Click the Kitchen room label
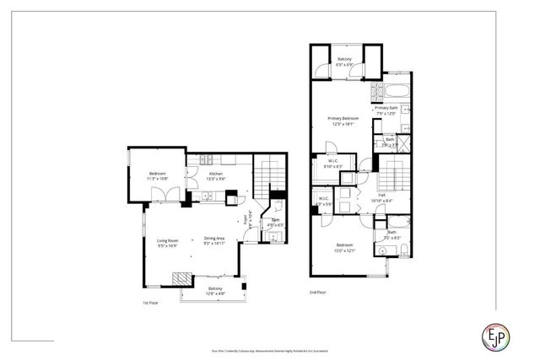tap(216, 175)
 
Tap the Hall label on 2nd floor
tap(382, 197)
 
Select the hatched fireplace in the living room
tap(181, 278)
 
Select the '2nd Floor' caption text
tap(318, 292)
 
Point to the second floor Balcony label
tap(345, 61)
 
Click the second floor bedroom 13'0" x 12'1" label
tap(345, 248)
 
